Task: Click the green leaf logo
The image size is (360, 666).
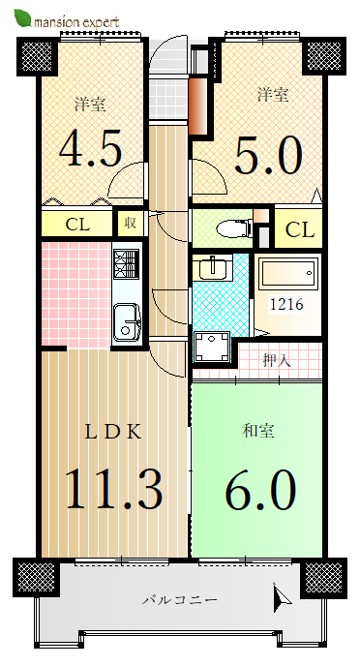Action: click(x=22, y=17)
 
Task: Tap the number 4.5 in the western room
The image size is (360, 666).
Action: click(x=90, y=149)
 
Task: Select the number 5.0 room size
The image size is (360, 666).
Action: click(x=268, y=156)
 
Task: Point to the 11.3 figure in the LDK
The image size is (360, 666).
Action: click(x=114, y=489)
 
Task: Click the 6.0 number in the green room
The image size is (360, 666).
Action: click(x=260, y=490)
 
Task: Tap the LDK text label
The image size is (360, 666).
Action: click(x=112, y=433)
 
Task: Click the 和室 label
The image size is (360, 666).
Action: click(x=258, y=431)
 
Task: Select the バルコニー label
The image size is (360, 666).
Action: click(x=180, y=600)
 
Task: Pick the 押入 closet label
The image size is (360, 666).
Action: click(x=277, y=361)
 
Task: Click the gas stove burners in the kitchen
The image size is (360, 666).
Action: click(x=127, y=263)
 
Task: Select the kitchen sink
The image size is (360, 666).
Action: click(x=128, y=321)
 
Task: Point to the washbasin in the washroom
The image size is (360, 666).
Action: click(x=212, y=267)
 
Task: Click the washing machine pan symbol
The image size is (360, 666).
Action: click(x=212, y=348)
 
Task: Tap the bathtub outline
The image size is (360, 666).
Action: click(x=288, y=272)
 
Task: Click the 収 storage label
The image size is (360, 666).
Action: click(x=130, y=223)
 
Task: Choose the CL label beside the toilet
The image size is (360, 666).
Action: click(x=300, y=230)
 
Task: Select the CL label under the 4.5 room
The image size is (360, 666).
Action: click(x=77, y=225)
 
